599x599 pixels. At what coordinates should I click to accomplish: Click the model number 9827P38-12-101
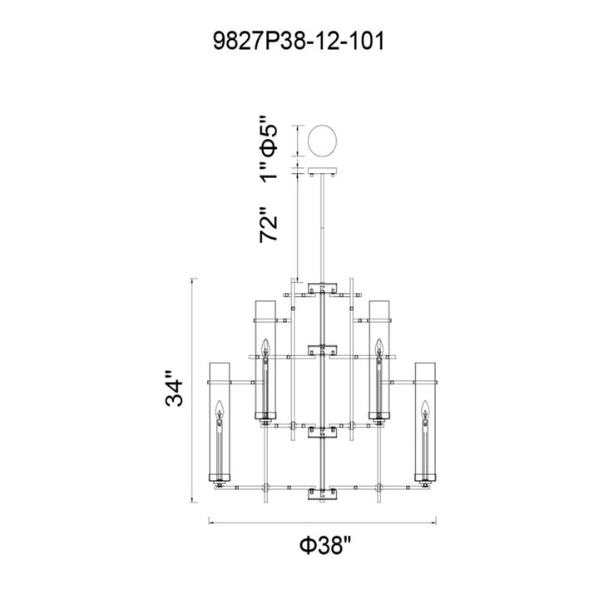(299, 42)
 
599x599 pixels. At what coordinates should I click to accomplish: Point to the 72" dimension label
(268, 225)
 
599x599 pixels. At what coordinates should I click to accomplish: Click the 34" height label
(174, 389)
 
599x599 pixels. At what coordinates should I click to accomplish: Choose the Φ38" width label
(324, 545)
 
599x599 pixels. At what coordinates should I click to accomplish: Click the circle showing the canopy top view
(323, 141)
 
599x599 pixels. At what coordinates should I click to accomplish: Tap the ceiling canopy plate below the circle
(323, 171)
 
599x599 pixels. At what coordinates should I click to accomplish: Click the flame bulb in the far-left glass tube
(220, 409)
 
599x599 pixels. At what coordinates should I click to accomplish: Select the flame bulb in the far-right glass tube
(425, 409)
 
